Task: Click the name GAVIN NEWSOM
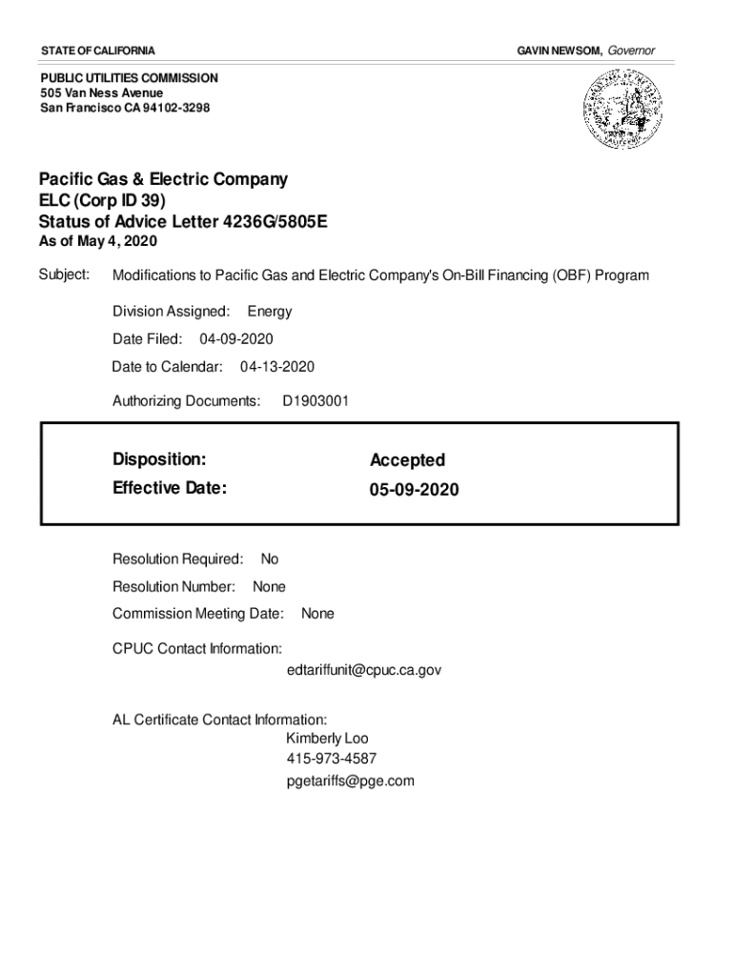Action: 558,50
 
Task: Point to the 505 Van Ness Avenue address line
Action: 101,92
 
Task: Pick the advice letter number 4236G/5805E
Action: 275,222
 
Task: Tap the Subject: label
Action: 64,275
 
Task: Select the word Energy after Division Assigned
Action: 270,312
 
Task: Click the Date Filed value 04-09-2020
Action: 236,339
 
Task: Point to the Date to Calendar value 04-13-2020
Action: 277,367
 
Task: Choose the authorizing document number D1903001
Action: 316,401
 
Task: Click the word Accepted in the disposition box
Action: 407,460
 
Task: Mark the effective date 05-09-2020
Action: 414,490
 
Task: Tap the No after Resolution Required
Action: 270,559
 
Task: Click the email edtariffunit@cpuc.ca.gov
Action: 363,670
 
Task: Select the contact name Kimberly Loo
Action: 327,739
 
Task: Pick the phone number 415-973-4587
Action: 331,760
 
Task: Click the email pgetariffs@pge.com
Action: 350,782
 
